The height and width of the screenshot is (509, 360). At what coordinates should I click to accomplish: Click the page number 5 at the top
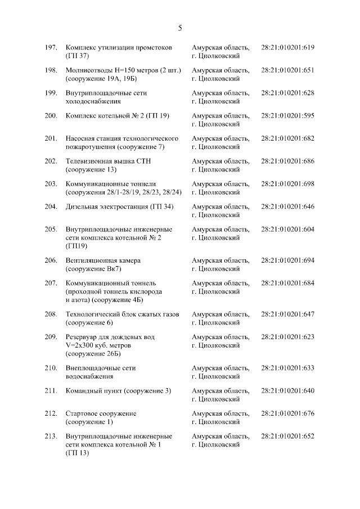(180, 28)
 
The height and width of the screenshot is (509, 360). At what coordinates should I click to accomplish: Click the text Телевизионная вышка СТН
(109, 161)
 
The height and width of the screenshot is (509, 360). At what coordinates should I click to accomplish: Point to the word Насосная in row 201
(82, 138)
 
